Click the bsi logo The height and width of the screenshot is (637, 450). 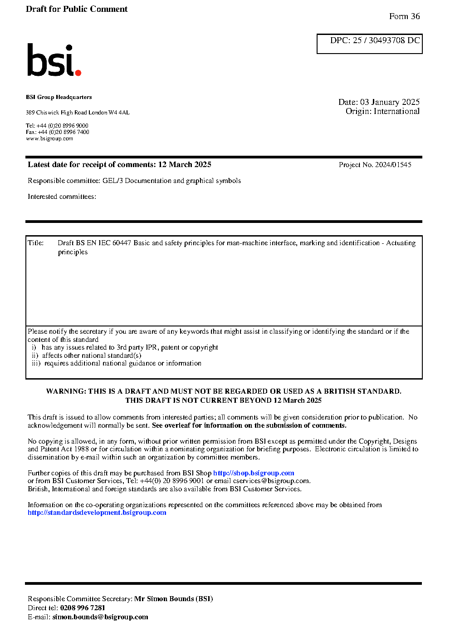pos(53,60)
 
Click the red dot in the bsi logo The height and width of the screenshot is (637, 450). pos(78,72)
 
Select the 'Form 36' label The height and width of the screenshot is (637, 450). pos(404,16)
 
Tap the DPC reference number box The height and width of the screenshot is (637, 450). pos(369,44)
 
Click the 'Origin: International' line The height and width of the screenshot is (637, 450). pos(382,111)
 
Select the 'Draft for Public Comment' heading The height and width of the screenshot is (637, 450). pos(77,9)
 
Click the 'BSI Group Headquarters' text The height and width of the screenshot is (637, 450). pos(59,97)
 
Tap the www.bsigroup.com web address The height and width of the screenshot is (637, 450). pos(49,138)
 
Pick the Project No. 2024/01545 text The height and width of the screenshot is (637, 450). pos(375,165)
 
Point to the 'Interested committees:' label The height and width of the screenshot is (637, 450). pos(62,197)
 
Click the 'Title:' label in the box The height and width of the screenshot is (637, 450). pos(36,243)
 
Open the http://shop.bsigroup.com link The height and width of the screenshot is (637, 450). pos(254,473)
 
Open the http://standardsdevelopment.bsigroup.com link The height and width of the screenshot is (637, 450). pos(97,513)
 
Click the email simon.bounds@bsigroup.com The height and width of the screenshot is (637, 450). pos(100,617)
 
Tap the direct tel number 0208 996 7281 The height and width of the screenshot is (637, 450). pos(83,608)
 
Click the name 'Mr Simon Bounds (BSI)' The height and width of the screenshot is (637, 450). pos(173,599)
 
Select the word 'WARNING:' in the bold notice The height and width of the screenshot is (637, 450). pos(66,391)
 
